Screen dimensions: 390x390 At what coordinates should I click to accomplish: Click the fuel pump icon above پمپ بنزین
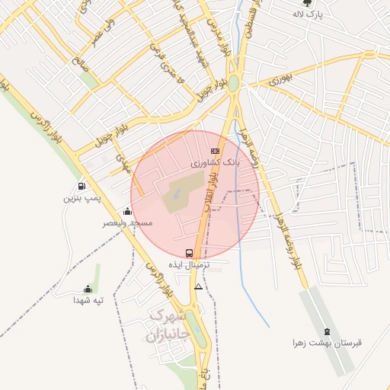[x=82, y=186]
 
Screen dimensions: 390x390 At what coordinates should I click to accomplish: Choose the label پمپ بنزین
[x=82, y=198]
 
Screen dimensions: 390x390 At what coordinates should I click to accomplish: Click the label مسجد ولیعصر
[x=128, y=223]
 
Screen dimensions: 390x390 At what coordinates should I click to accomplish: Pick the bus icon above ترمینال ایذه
[x=189, y=253]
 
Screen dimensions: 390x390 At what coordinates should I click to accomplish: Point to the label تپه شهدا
[x=88, y=301]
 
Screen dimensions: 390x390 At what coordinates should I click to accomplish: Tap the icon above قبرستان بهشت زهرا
[x=328, y=331]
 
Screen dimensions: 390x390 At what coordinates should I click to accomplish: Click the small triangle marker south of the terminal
[x=199, y=287]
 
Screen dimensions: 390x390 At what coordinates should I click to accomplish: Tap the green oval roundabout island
[x=234, y=83]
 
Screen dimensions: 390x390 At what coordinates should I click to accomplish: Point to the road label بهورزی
[x=280, y=78]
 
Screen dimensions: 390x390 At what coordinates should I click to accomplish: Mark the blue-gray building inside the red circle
[x=177, y=195]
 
